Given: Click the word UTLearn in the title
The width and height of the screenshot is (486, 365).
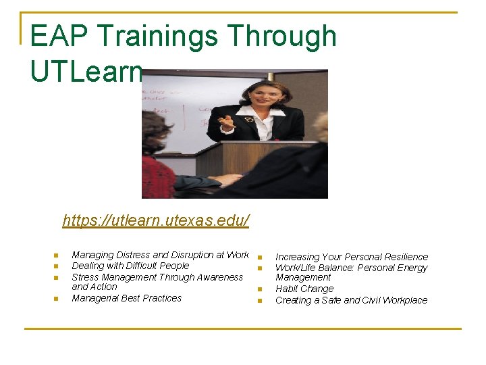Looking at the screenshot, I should point(86,70).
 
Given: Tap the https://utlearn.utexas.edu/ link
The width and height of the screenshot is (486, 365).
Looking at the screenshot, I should point(156,220).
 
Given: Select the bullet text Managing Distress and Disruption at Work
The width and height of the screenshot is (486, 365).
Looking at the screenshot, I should point(160,255).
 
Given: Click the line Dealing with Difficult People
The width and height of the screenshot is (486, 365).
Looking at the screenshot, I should point(130,266).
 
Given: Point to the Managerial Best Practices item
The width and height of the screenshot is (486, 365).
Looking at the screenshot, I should point(126,298).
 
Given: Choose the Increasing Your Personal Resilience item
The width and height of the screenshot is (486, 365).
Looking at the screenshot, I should point(351,257).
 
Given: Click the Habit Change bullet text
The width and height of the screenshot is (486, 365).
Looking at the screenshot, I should point(304,289).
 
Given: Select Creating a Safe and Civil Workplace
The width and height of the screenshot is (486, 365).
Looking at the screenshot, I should point(351,300).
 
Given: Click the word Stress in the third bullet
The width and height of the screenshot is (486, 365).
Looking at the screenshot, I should point(85,277).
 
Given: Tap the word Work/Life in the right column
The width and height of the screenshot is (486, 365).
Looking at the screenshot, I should point(296,268).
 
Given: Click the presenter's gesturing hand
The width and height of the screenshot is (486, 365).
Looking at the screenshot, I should point(226,122).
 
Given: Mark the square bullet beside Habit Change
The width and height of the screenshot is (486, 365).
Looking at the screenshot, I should point(259,290).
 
